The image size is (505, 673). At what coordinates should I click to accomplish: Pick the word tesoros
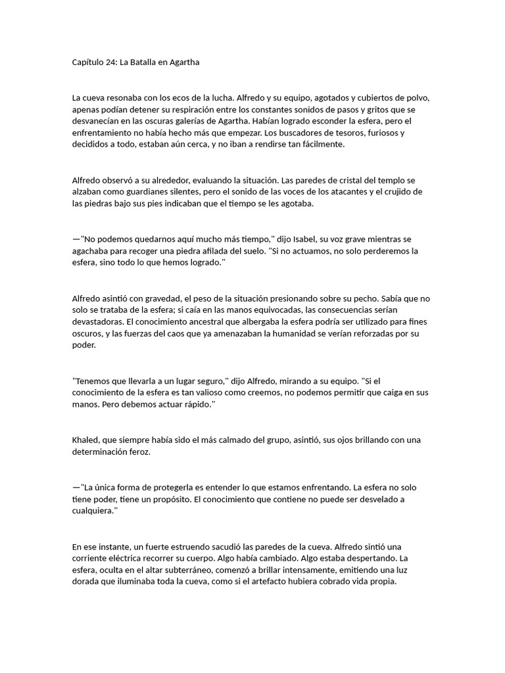point(354,133)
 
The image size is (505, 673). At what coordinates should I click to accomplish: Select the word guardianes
point(146,192)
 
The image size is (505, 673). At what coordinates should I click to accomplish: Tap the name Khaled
point(85,440)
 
